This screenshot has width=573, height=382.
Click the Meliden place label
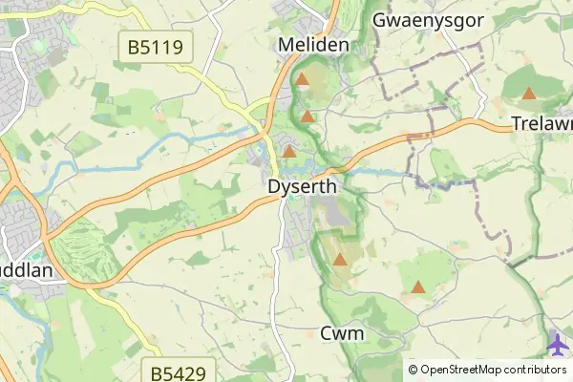tap(313, 45)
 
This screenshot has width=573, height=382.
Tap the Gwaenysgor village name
tap(428, 19)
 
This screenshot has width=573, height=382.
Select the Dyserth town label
tap(303, 187)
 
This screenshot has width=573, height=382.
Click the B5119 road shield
tap(155, 45)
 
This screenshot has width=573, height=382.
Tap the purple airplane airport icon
tap(559, 341)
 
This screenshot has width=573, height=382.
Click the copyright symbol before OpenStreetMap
tap(413, 369)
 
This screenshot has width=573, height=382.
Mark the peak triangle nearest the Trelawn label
tap(529, 94)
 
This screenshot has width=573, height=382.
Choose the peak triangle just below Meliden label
tap(303, 80)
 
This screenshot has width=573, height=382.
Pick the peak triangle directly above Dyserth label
tap(288, 151)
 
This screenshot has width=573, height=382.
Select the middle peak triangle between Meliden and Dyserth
tap(308, 117)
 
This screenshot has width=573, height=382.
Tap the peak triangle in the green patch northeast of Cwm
tap(417, 286)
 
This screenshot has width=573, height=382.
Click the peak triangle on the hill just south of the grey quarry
tap(339, 259)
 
